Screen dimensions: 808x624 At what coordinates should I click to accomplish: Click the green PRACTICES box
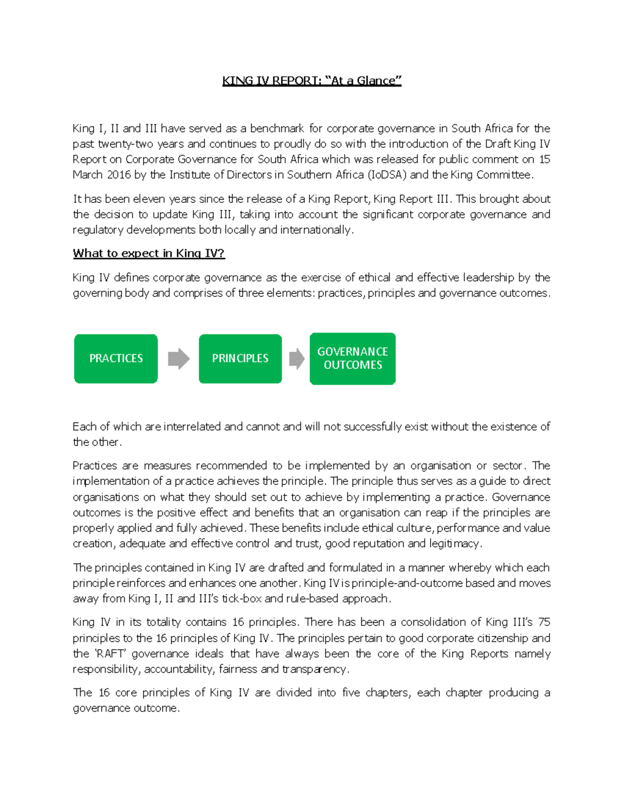pos(115,358)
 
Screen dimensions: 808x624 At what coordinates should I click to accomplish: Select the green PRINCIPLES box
pos(240,358)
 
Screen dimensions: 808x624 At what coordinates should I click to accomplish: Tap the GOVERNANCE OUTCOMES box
pos(353,358)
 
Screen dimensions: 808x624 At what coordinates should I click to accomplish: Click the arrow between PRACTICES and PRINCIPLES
pos(178,358)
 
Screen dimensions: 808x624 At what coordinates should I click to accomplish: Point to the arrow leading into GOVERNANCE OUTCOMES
pos(296,358)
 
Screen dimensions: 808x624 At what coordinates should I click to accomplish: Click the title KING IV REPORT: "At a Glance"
pos(311,81)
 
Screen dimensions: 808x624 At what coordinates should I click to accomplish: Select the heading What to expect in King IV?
pos(148,253)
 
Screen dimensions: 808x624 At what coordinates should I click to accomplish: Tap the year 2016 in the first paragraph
pos(119,175)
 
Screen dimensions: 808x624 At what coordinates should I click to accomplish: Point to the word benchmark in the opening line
pos(277,129)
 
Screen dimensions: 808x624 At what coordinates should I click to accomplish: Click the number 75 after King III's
pos(544,622)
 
